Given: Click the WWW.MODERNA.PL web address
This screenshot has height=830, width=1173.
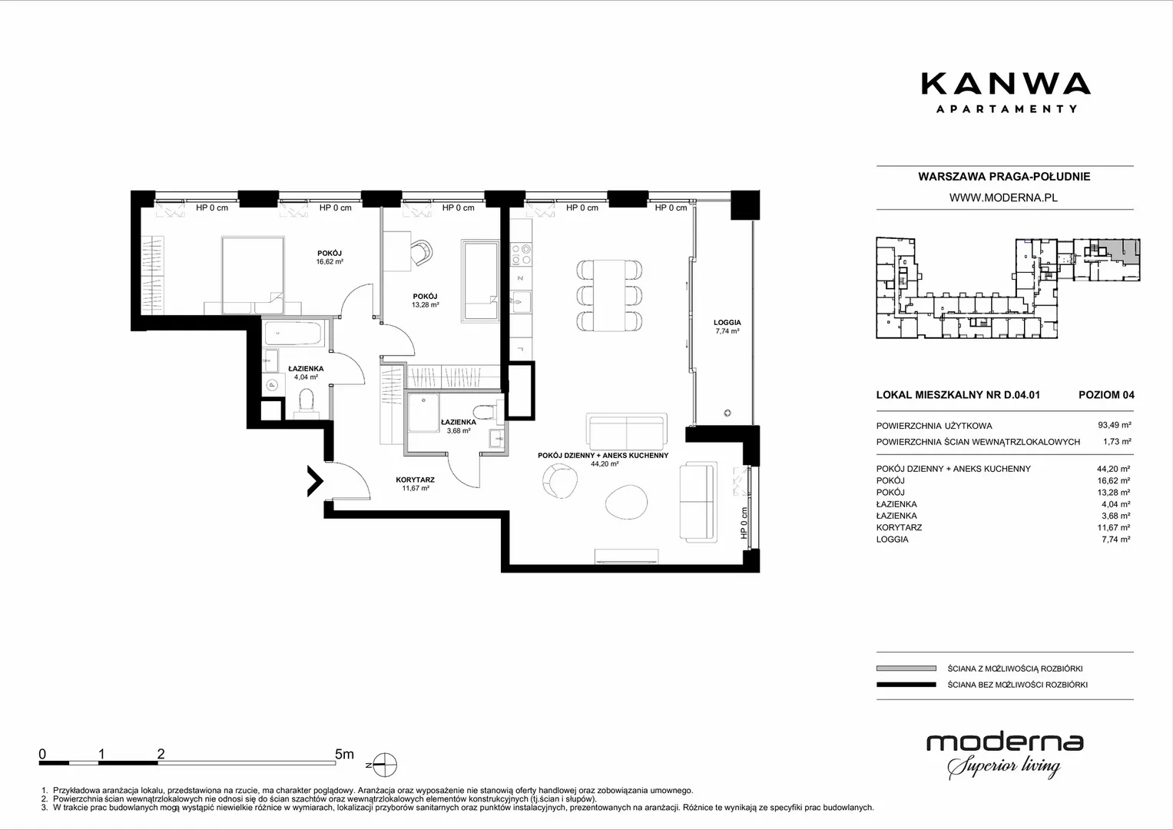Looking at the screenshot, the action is [x=1003, y=198].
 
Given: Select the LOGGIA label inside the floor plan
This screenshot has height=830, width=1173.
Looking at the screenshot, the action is [x=727, y=323].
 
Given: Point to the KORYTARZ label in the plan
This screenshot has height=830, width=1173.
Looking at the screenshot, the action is [x=416, y=480].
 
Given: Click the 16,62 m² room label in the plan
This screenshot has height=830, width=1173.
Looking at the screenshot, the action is [x=330, y=261].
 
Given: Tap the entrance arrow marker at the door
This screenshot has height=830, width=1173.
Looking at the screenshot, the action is [x=315, y=480].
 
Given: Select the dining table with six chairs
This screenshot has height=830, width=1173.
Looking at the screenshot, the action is [x=609, y=295].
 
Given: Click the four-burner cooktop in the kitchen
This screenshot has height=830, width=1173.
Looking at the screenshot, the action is [x=521, y=254].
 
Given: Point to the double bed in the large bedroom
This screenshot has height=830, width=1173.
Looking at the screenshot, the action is [x=253, y=276].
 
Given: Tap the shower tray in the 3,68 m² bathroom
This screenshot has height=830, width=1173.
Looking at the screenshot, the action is [x=423, y=413].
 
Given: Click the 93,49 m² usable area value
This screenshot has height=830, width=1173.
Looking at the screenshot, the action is [x=1115, y=426].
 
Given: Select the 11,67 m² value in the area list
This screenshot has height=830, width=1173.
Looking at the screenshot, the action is [x=1113, y=528].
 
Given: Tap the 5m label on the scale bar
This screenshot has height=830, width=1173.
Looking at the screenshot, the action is [x=345, y=754].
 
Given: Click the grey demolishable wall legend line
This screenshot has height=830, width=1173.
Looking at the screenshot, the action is [x=906, y=668].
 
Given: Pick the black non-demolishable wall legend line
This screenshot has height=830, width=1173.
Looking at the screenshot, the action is [x=906, y=684].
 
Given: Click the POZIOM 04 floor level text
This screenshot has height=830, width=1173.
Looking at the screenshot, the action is [x=1106, y=394].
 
